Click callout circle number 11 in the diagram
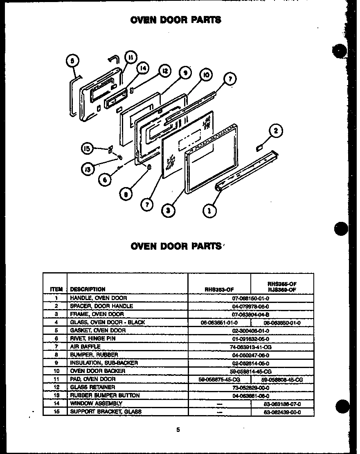tap(130, 58)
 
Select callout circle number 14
tap(142, 69)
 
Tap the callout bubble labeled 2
tap(276, 131)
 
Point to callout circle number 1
tap(210, 211)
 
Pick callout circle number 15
tap(87, 149)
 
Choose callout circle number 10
tap(206, 75)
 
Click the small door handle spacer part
tap(259, 147)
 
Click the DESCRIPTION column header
tap(88, 289)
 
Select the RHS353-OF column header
tap(219, 289)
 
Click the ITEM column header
tap(56, 289)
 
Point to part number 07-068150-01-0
tap(250, 298)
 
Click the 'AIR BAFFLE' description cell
tap(85, 346)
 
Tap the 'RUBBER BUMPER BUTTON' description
tap(105, 395)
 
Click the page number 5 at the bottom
tap(178, 430)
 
